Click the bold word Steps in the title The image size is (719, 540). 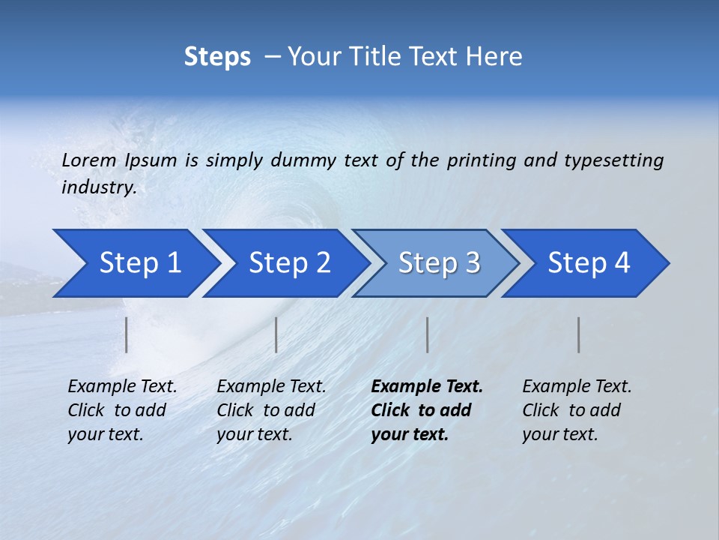[217, 57]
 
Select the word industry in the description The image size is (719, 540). [98, 187]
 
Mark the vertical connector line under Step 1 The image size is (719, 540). [127, 334]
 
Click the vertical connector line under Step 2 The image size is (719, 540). [276, 334]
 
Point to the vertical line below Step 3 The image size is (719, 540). [427, 334]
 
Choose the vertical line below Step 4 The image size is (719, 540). [578, 334]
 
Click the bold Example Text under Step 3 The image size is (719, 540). [427, 387]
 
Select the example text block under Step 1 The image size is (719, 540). [122, 410]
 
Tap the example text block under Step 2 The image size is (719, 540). [271, 410]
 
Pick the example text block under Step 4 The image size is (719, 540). [577, 410]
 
